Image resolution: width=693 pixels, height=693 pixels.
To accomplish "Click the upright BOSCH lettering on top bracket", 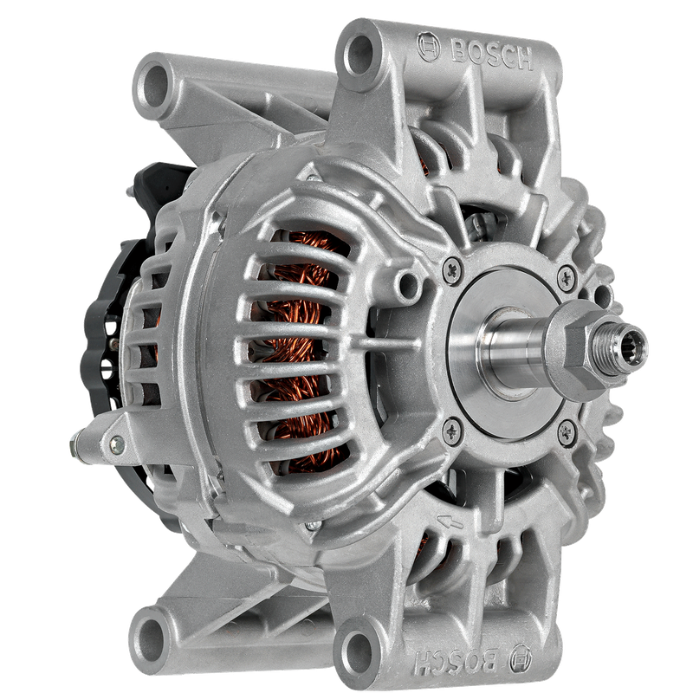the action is coord(492,55).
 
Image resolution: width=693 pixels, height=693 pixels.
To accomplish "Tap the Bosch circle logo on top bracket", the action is coord(428,46).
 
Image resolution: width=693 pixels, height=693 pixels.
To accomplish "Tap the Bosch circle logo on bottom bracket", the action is coord(521,658).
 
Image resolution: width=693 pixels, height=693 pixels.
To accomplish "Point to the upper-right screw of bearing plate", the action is coord(567,278).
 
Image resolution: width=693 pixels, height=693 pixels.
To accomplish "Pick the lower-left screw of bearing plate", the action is coord(451,430).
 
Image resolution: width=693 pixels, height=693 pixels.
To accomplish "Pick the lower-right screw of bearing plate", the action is coord(567,432).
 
